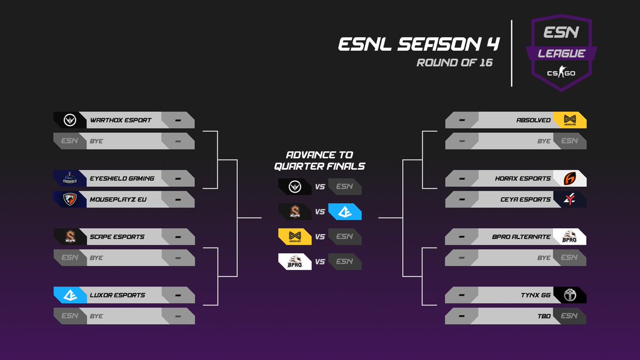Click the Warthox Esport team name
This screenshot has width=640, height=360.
click(121, 120)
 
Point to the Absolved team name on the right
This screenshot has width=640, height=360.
click(533, 120)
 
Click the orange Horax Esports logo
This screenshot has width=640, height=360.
click(570, 178)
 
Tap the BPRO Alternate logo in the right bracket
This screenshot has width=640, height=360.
click(570, 236)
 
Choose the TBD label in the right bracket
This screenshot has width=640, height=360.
click(544, 316)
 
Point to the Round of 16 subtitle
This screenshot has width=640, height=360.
click(454, 63)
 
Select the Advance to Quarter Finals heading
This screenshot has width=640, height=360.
click(319, 161)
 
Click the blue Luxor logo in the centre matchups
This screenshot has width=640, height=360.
click(345, 212)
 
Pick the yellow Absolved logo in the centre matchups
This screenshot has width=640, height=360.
click(294, 236)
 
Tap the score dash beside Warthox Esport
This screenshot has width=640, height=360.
click(178, 120)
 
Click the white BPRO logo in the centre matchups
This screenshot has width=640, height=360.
click(294, 261)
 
